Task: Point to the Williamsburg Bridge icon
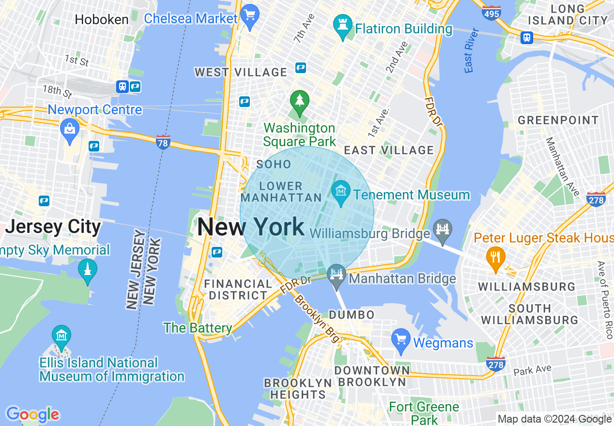[443, 229]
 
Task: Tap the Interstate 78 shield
[163, 142]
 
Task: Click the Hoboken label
[102, 19]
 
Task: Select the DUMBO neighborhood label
[352, 315]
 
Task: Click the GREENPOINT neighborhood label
[558, 120]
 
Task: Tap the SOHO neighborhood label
[274, 165]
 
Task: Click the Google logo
[32, 414]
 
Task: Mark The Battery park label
[198, 328]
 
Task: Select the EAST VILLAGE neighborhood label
[389, 150]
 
